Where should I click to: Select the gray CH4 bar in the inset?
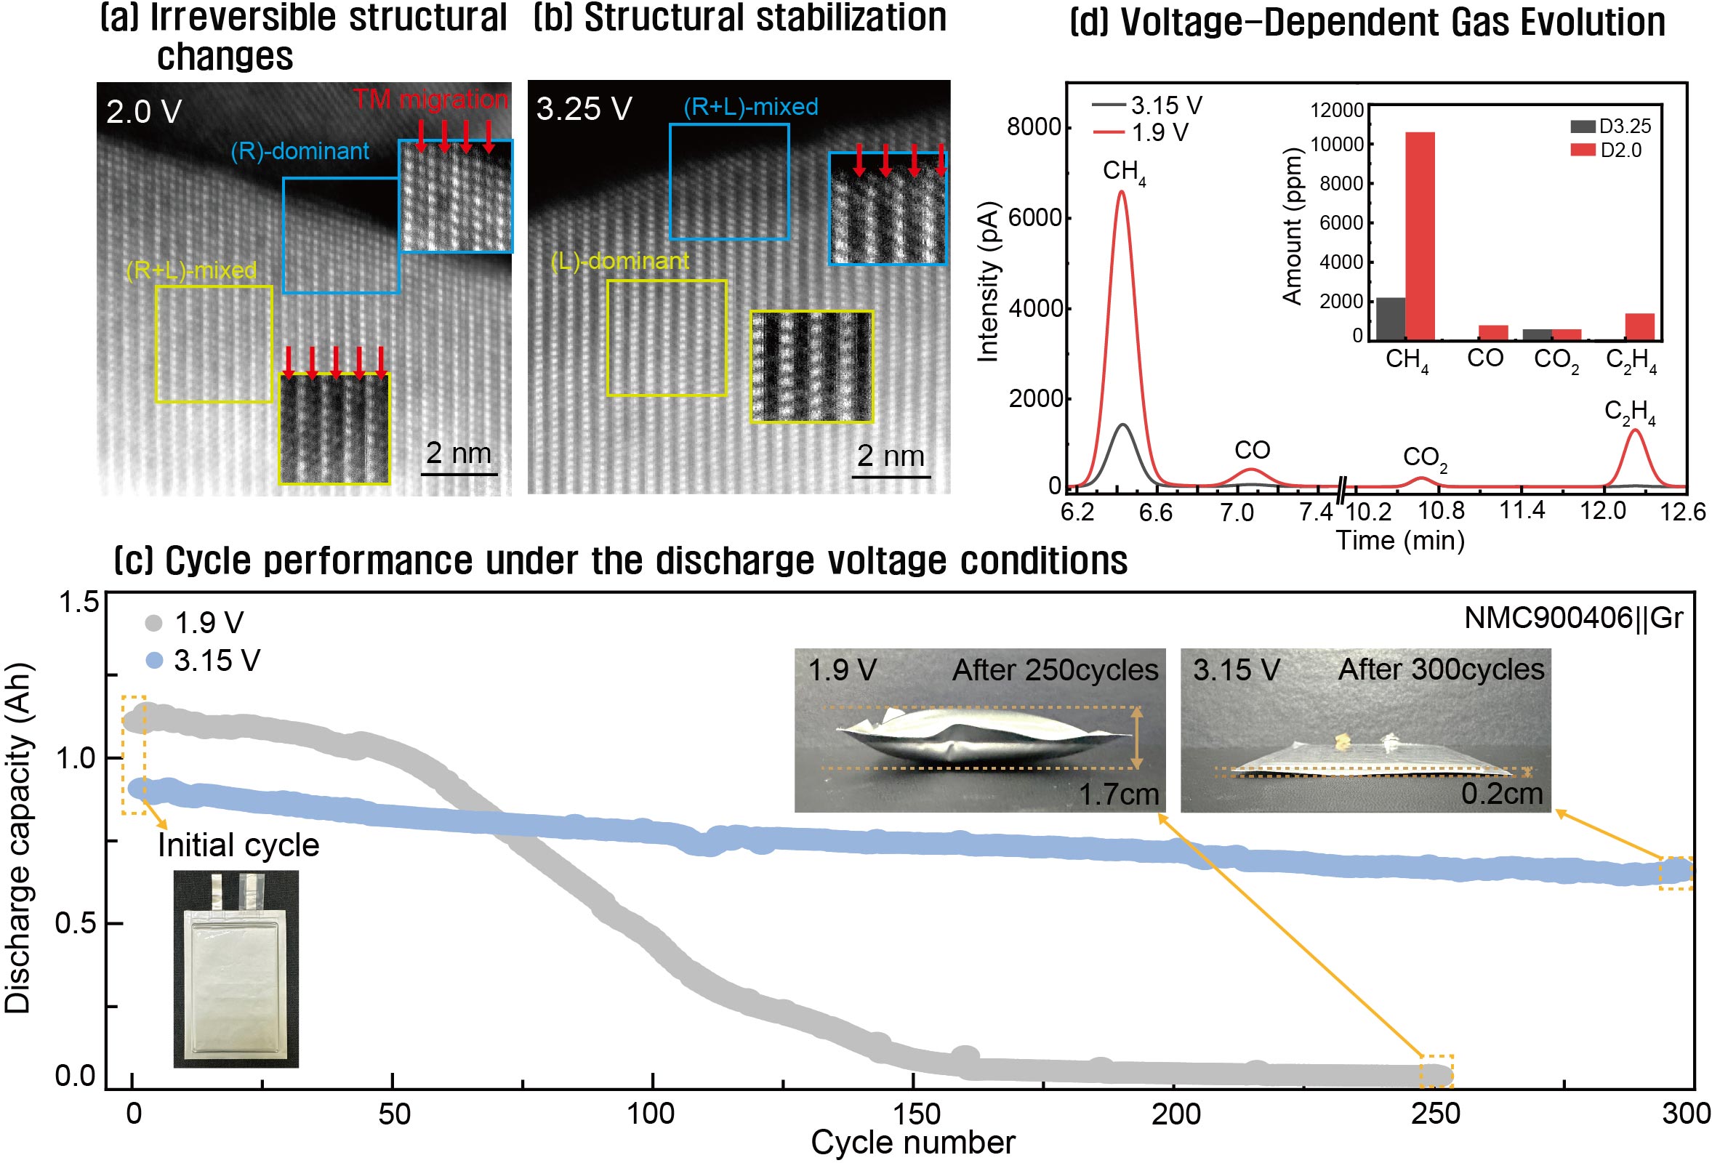1390,318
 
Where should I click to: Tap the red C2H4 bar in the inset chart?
1640,326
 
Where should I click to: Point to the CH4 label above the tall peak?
1124,172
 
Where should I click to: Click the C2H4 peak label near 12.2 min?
1631,412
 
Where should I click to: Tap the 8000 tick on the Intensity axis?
1034,126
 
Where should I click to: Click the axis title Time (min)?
1399,541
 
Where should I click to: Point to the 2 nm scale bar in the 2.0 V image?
458,460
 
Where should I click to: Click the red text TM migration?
430,100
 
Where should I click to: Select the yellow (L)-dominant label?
619,261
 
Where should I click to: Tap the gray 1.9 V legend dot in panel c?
153,623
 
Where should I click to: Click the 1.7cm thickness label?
1118,794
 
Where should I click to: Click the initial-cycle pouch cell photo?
236,968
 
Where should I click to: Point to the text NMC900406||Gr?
1572,618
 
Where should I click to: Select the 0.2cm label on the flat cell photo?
1501,793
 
